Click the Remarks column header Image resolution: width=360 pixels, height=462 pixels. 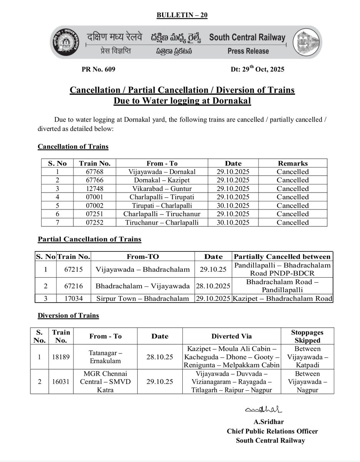[x=293, y=163]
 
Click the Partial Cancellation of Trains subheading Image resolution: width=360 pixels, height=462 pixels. [x=89, y=239]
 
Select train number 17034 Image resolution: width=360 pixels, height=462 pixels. [x=73, y=298]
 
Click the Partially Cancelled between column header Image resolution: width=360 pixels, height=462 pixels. [x=282, y=257]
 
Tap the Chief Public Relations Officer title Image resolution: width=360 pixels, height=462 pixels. [x=272, y=432]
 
